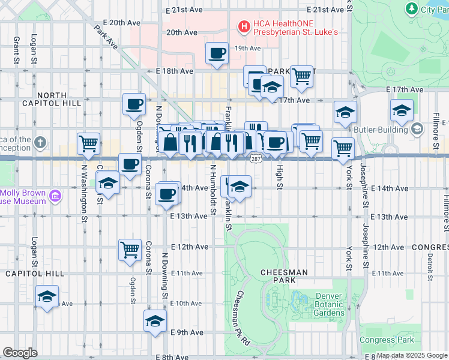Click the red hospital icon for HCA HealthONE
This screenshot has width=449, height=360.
pyautogui.click(x=244, y=26)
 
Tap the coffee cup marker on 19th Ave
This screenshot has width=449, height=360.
pyautogui.click(x=217, y=53)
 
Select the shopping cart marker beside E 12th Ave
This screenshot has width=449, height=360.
pyautogui.click(x=130, y=249)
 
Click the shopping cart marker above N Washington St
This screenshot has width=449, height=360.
pyautogui.click(x=88, y=143)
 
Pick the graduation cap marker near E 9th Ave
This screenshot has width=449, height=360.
pyautogui.click(x=155, y=321)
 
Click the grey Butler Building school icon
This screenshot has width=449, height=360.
pyautogui.click(x=417, y=129)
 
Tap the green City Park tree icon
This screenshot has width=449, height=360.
pyautogui.click(x=412, y=8)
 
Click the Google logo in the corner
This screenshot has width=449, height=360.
pyautogui.click(x=20, y=353)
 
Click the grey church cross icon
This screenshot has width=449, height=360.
pyautogui.click(x=40, y=143)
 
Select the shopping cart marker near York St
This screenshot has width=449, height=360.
pyautogui.click(x=343, y=148)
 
